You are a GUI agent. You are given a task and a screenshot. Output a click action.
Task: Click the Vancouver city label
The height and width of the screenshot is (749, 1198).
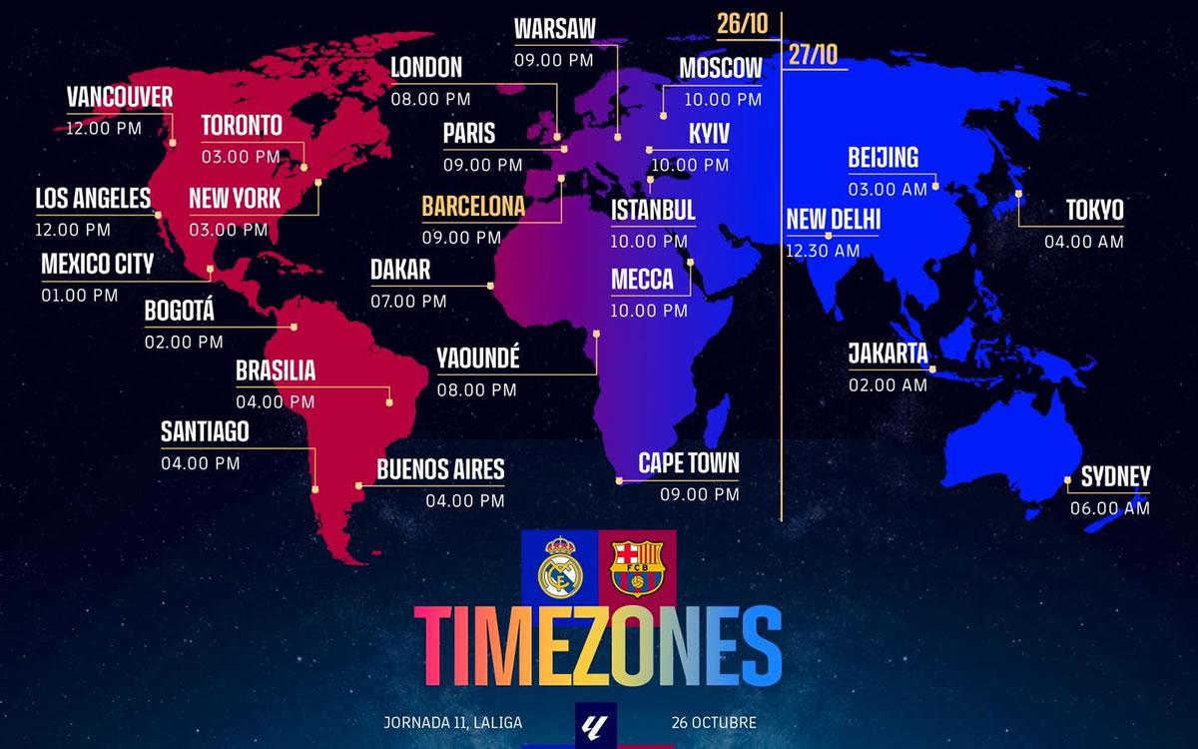point(120,97)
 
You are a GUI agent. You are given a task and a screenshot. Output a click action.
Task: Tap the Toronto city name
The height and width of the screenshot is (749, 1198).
point(242,126)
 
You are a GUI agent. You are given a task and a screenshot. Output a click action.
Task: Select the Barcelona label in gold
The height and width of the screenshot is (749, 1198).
point(473,207)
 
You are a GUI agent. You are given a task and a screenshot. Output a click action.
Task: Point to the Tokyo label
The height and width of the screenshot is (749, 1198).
point(1094,210)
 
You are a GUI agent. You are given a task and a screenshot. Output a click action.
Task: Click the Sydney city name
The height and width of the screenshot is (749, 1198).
point(1115,477)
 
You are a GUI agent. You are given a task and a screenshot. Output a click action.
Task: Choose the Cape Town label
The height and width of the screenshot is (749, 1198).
point(689,463)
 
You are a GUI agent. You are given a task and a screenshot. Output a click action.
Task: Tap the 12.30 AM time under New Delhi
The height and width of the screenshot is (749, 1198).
point(823,252)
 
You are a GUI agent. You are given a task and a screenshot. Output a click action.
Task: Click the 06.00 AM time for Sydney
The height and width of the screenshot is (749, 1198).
point(1109,508)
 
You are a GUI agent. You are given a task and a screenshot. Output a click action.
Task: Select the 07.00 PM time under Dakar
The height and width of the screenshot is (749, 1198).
point(408,301)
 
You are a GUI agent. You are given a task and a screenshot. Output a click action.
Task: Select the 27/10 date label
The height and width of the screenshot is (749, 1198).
point(813,54)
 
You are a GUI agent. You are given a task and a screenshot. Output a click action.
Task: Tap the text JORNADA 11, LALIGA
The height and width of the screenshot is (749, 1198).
point(452,722)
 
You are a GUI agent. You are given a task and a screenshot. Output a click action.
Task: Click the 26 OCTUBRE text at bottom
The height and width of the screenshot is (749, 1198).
point(715,722)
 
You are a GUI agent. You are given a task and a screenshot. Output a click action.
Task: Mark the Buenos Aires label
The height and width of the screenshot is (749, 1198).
point(440,469)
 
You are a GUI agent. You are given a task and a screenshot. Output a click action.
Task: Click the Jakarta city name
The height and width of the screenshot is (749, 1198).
point(888,354)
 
